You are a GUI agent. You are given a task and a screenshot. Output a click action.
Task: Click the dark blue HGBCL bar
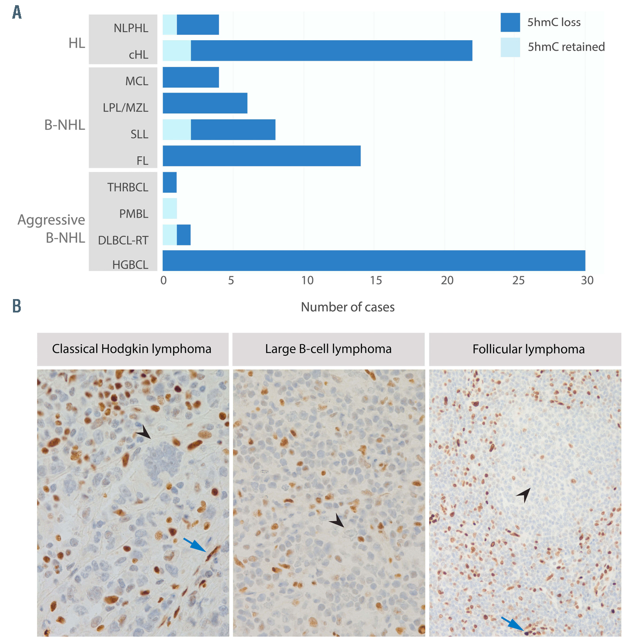(x=374, y=261)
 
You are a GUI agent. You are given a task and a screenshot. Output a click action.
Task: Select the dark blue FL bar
(x=261, y=156)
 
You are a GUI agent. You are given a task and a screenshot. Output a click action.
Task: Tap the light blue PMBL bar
(x=170, y=209)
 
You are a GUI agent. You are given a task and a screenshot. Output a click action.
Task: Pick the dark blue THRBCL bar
(x=170, y=182)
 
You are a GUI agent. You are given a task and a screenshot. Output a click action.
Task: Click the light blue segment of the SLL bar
(x=177, y=130)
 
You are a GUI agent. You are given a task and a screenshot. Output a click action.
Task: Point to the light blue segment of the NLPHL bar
(x=170, y=25)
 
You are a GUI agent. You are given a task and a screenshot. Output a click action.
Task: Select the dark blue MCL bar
(x=191, y=77)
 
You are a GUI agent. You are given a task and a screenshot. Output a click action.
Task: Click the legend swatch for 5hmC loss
(x=510, y=23)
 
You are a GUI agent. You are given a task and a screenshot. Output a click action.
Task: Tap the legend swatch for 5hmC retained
(x=510, y=47)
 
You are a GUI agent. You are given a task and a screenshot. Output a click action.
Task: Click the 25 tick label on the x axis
(x=518, y=280)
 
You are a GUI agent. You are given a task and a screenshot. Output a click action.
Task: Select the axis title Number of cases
(x=347, y=307)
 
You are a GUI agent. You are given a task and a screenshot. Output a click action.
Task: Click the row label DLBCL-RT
(x=123, y=240)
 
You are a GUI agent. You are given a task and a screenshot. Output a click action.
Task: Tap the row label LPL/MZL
(x=125, y=107)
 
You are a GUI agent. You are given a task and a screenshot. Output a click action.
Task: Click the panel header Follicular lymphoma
(x=528, y=349)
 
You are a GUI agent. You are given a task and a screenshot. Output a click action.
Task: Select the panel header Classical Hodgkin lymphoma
(x=132, y=349)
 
